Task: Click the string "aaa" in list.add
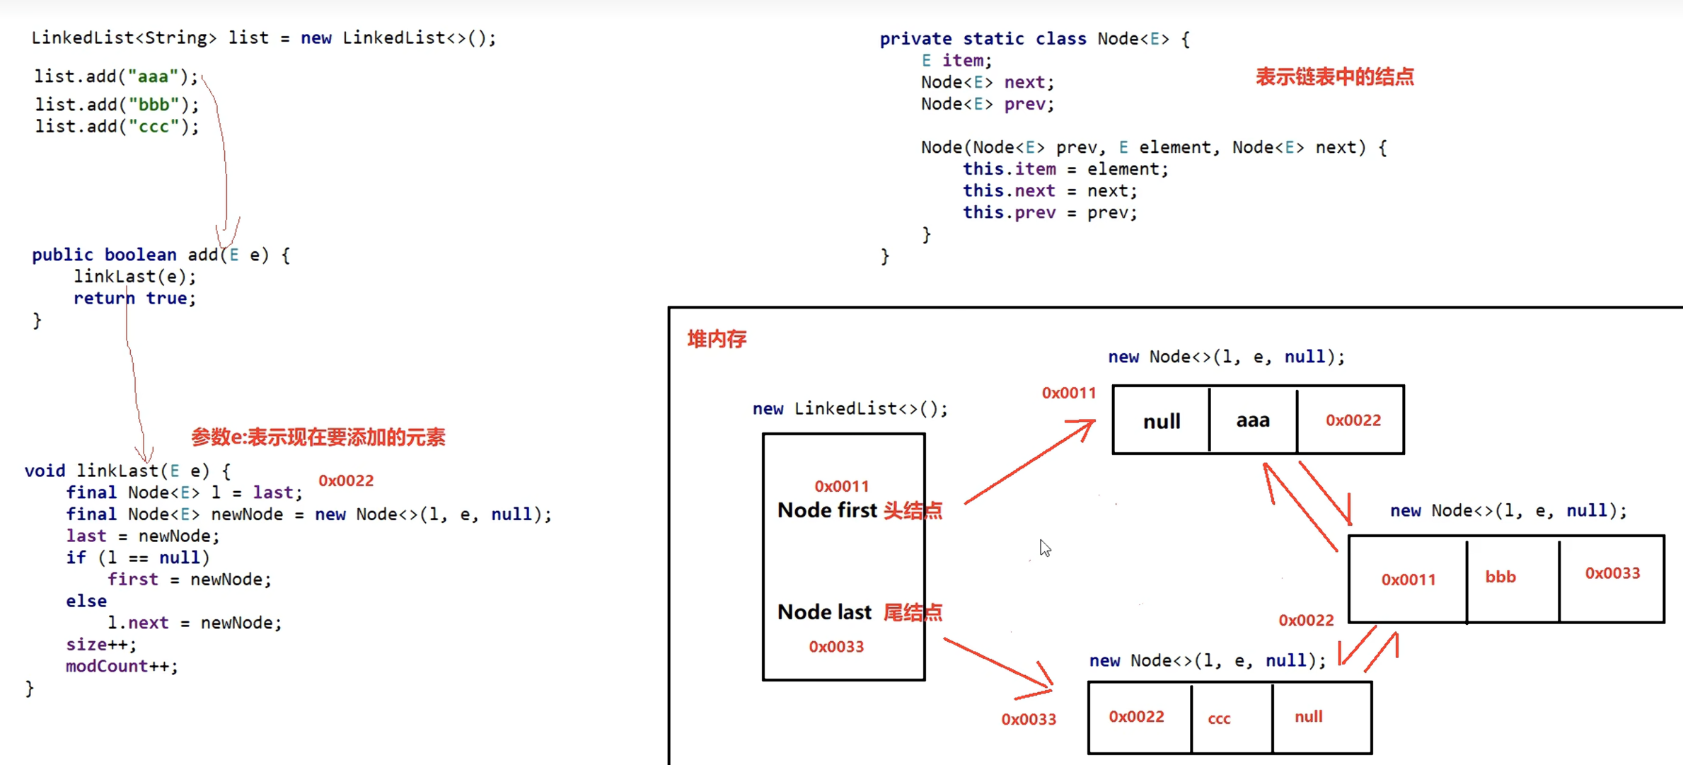(x=152, y=76)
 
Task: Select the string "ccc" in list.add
(x=154, y=127)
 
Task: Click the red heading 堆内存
(x=717, y=339)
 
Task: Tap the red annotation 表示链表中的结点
(x=1334, y=76)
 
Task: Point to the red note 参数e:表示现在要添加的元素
(x=318, y=437)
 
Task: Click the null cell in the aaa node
(x=1162, y=421)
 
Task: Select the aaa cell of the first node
(x=1253, y=420)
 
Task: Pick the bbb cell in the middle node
(x=1500, y=577)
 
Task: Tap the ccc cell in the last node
(x=1219, y=718)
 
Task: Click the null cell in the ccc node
(x=1309, y=717)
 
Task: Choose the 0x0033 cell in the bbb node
(x=1612, y=573)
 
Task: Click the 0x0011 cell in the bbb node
(x=1409, y=580)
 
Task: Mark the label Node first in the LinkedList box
(x=827, y=510)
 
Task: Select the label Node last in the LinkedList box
(x=824, y=612)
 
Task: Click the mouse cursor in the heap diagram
(x=1045, y=548)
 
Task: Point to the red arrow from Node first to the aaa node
(x=1029, y=461)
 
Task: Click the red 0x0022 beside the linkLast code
(x=346, y=481)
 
